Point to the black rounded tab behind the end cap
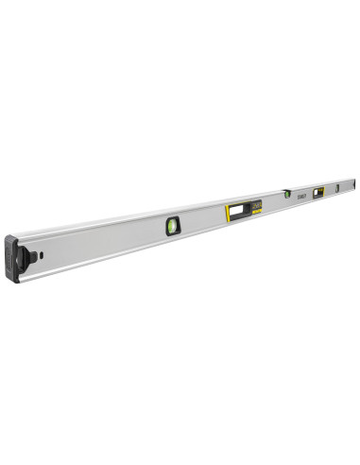[28, 258]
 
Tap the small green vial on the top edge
[286, 194]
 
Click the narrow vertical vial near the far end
[337, 189]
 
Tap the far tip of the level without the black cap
[354, 182]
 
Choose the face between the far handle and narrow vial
[332, 191]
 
